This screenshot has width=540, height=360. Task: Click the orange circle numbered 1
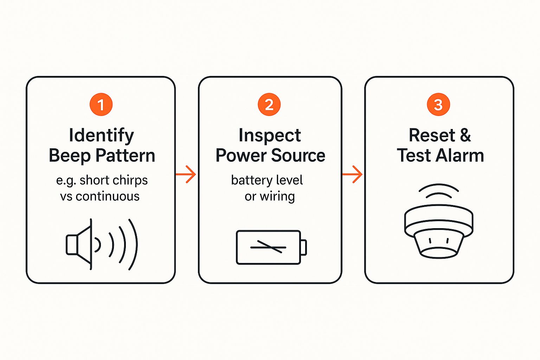coord(101,104)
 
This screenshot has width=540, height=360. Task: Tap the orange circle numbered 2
coord(269,104)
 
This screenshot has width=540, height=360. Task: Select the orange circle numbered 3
coord(438,104)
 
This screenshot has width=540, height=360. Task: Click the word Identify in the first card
coord(101,135)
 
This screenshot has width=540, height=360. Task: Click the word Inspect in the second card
coord(270,135)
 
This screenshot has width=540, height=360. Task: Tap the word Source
coord(298,155)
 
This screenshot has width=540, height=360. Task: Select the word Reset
coord(432,135)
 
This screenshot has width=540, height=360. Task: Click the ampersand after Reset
coord(465,135)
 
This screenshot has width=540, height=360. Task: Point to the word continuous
coord(108,196)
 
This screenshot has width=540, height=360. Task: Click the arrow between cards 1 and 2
coord(186,174)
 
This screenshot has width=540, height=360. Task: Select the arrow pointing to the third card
coord(352,174)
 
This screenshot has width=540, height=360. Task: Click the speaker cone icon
coord(79,244)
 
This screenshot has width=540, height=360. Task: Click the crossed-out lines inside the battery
coord(268,247)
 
